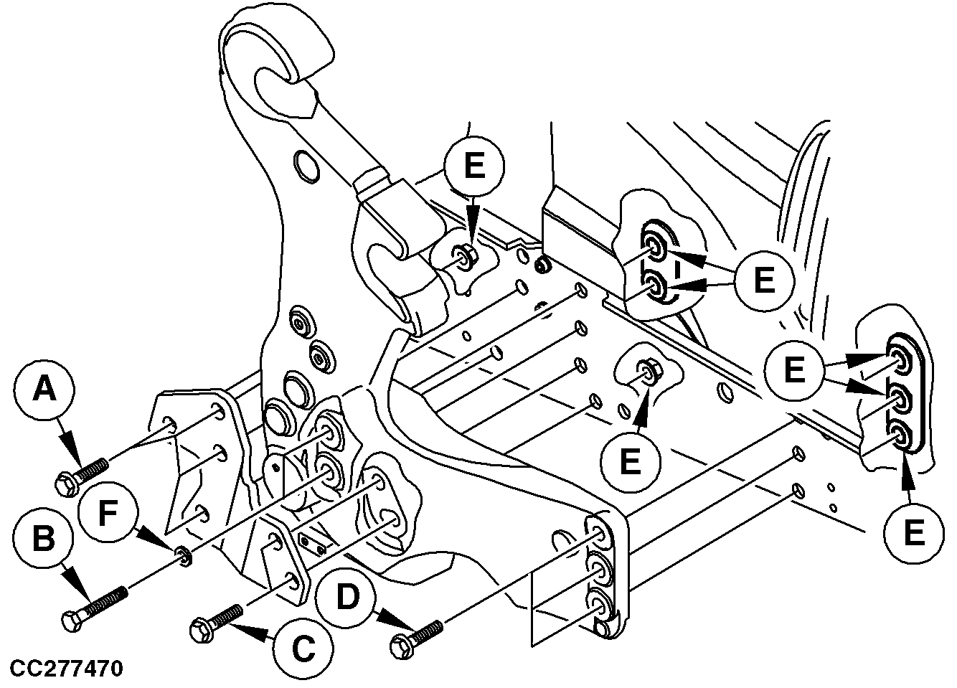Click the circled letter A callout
tap(44, 391)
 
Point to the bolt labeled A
tap(81, 476)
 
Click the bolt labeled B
tap(94, 607)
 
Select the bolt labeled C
tap(215, 621)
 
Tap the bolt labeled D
tap(415, 636)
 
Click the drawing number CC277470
tap(66, 669)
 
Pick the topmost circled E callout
tap(473, 166)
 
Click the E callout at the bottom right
tap(913, 533)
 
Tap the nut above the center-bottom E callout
tap(649, 372)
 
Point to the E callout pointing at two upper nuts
tap(765, 279)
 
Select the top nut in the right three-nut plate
tap(899, 354)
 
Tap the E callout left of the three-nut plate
tap(794, 371)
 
